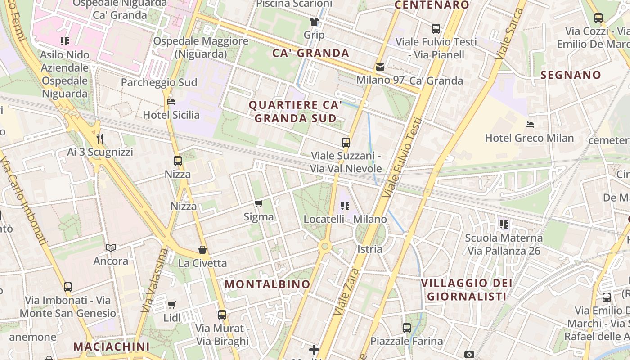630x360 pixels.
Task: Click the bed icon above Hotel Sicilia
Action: click(171, 101)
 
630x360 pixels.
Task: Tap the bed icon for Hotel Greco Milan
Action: click(530, 124)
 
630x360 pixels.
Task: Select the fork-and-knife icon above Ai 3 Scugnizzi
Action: click(100, 138)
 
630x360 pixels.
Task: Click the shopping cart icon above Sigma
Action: click(259, 204)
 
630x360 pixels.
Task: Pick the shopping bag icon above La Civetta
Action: click(202, 250)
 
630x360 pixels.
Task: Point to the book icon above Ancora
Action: click(111, 247)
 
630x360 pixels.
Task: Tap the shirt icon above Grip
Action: click(314, 21)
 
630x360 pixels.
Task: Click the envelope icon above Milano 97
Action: click(380, 67)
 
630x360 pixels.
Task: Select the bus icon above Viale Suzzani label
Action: click(346, 143)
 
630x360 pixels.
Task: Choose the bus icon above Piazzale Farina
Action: click(407, 328)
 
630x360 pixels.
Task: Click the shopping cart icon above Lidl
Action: click(171, 305)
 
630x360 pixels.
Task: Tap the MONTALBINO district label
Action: click(267, 284)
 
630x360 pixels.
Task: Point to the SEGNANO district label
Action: click(571, 75)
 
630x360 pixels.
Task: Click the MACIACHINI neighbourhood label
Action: click(111, 346)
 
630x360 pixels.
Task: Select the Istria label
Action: click(369, 249)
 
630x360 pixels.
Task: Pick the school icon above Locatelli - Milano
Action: click(345, 206)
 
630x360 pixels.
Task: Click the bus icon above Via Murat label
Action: click(222, 315)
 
